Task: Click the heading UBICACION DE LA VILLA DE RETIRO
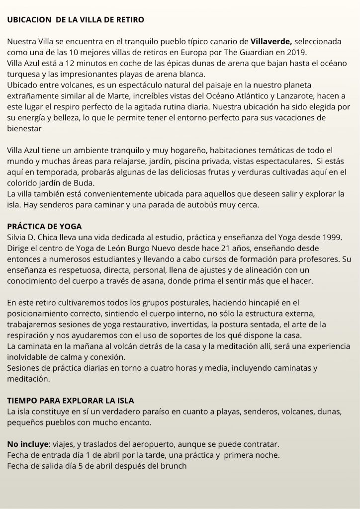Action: tap(76, 20)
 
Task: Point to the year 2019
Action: tap(296, 53)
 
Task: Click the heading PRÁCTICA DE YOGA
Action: tap(44, 226)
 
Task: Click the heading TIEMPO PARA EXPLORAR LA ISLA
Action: tap(71, 400)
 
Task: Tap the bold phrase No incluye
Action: tap(27, 443)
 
